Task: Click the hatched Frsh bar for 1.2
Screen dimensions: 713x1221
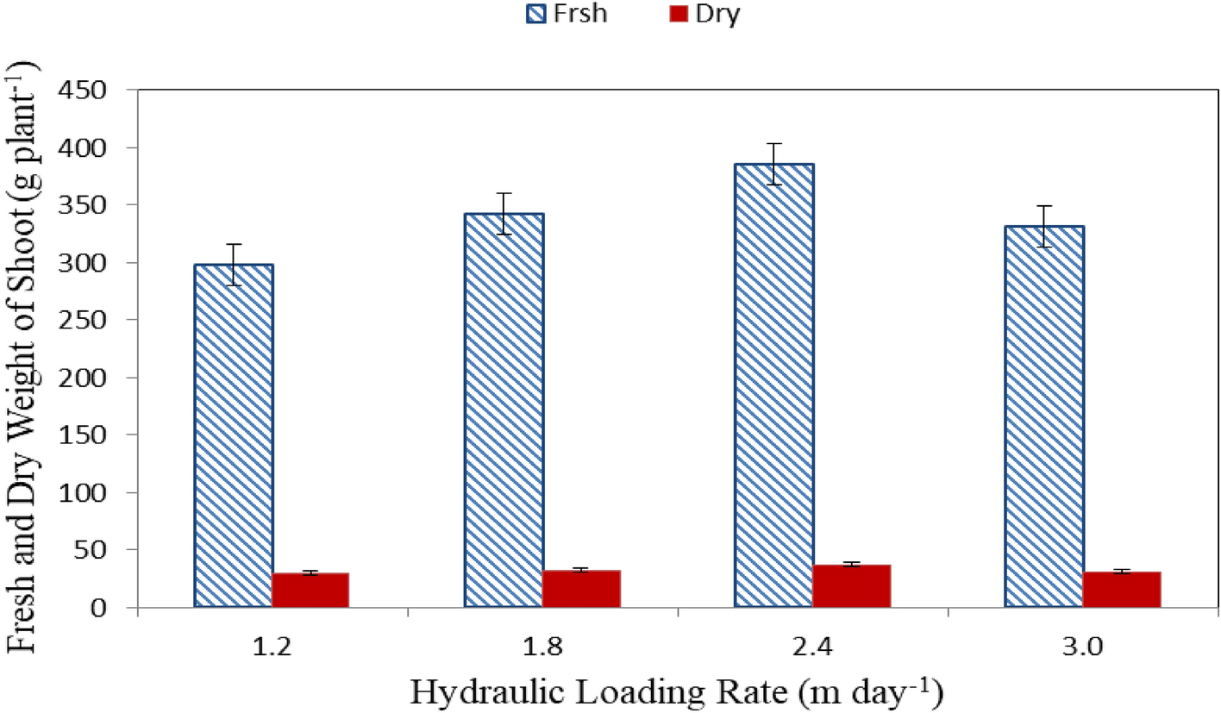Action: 234,435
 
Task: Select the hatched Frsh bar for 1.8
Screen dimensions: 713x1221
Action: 504,410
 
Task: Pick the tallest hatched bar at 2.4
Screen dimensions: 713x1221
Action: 773,385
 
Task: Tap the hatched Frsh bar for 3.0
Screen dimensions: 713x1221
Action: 1044,416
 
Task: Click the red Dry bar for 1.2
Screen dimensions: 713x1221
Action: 310,591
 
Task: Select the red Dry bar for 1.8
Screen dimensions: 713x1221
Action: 581,589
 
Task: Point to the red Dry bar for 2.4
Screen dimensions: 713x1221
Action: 851,586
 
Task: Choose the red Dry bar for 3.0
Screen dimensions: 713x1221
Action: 1121,590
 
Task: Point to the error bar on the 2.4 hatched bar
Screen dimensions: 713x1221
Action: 773,164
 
